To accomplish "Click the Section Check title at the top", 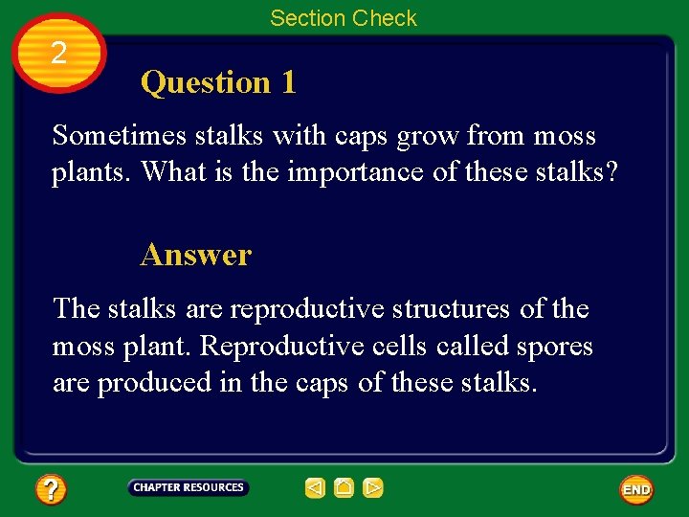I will pos(344,18).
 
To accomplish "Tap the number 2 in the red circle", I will pos(59,54).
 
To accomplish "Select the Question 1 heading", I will pos(218,82).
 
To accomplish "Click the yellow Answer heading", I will pos(195,255).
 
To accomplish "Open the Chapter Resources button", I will pos(189,488).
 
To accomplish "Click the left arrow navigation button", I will pos(315,488).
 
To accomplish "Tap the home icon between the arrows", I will pos(344,488).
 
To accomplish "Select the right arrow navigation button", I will pos(373,488).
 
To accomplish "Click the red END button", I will pos(636,489).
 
